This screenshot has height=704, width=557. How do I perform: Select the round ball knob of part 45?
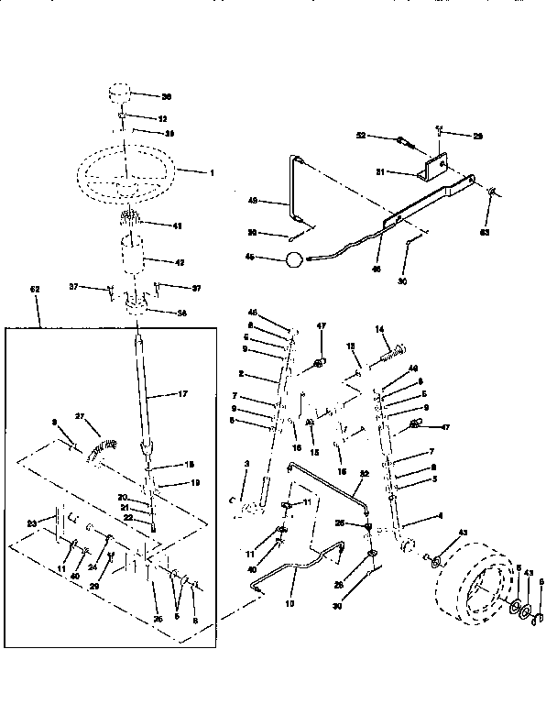click(293, 259)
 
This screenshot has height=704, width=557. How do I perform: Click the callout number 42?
click(180, 263)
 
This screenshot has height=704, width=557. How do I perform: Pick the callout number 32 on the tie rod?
click(365, 473)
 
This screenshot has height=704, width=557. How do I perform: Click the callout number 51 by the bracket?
click(404, 171)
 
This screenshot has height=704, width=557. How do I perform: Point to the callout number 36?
click(167, 95)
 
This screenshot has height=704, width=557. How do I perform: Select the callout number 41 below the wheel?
click(177, 225)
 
